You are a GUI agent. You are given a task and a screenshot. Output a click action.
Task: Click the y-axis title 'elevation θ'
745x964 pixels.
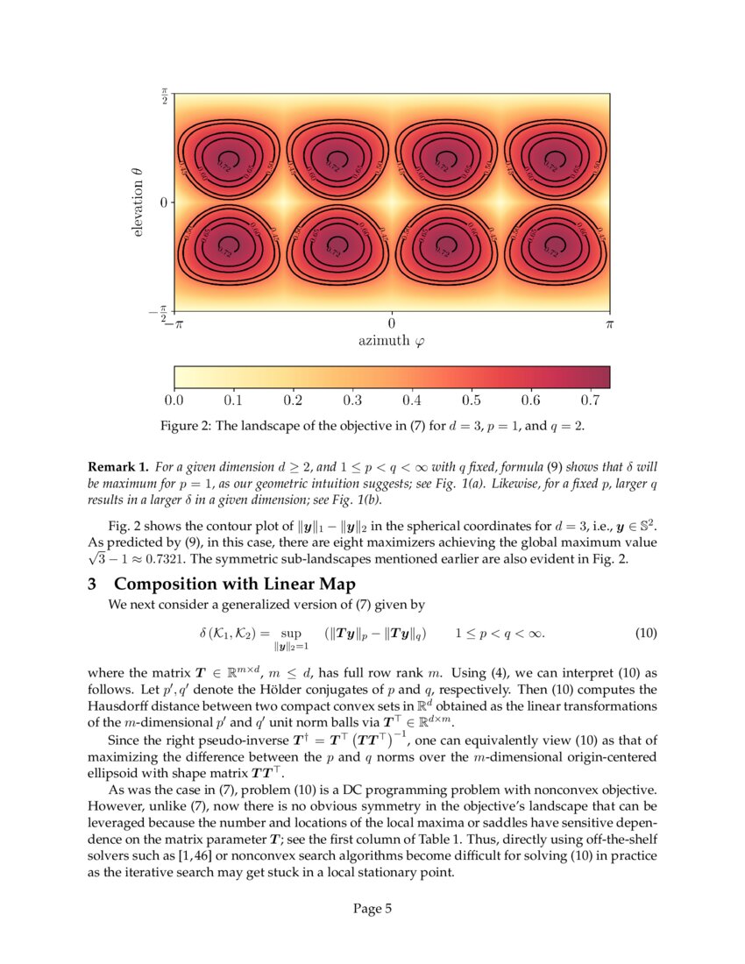tap(140, 202)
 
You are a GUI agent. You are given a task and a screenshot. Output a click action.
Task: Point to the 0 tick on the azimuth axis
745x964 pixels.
tap(392, 323)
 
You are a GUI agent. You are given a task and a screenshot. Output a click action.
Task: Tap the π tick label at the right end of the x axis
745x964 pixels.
tap(610, 323)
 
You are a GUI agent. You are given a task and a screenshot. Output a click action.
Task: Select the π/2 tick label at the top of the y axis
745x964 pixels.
tap(163, 96)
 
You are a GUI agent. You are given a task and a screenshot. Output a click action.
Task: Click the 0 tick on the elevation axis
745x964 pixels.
tap(163, 202)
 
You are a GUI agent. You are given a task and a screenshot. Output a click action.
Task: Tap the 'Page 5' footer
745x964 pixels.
tap(372, 908)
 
